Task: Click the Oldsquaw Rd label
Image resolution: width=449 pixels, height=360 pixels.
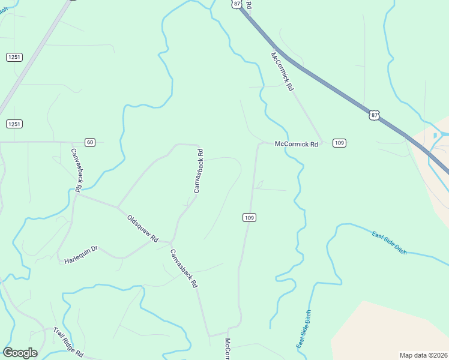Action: pyautogui.click(x=142, y=228)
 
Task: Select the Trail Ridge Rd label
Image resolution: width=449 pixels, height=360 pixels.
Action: pyautogui.click(x=68, y=342)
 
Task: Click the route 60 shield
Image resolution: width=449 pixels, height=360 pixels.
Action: pyautogui.click(x=89, y=142)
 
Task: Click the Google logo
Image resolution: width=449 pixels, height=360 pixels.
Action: pyautogui.click(x=20, y=353)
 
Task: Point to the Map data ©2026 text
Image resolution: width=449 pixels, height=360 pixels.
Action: pyautogui.click(x=423, y=355)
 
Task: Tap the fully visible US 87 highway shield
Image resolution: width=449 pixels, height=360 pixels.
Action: pyautogui.click(x=375, y=115)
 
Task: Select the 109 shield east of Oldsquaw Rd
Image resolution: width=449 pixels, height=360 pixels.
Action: pyautogui.click(x=250, y=217)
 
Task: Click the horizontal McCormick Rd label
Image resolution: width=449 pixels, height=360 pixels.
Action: pyautogui.click(x=295, y=144)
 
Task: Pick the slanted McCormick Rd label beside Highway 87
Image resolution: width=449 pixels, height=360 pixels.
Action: pyautogui.click(x=282, y=71)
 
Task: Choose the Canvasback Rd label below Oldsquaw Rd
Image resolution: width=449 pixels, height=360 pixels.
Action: pyautogui.click(x=184, y=268)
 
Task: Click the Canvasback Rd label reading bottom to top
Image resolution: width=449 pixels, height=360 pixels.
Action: pyautogui.click(x=199, y=171)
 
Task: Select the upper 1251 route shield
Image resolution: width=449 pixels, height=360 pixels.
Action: pyautogui.click(x=14, y=57)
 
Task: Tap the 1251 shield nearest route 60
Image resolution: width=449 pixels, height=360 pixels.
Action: pyautogui.click(x=14, y=124)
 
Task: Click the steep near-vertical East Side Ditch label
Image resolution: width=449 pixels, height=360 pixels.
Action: pyautogui.click(x=304, y=329)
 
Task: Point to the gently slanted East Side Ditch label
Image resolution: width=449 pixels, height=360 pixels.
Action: pyautogui.click(x=389, y=242)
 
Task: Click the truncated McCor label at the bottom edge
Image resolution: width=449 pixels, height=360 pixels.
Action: pyautogui.click(x=228, y=349)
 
